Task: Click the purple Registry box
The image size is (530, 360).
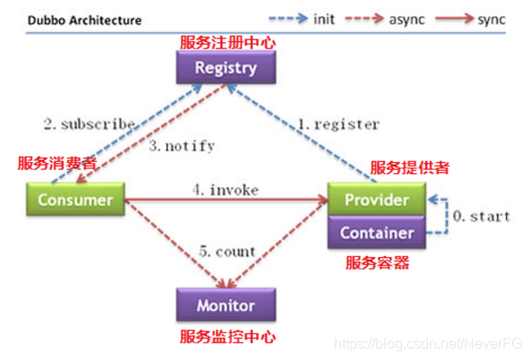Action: click(227, 68)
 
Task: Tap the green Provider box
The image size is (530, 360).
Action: click(376, 200)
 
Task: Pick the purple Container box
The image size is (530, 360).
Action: click(376, 233)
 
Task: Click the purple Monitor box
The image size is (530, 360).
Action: click(227, 305)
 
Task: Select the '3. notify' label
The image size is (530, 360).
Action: click(183, 144)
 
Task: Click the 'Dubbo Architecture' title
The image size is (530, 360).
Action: click(77, 17)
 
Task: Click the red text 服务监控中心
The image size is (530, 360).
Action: click(227, 337)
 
